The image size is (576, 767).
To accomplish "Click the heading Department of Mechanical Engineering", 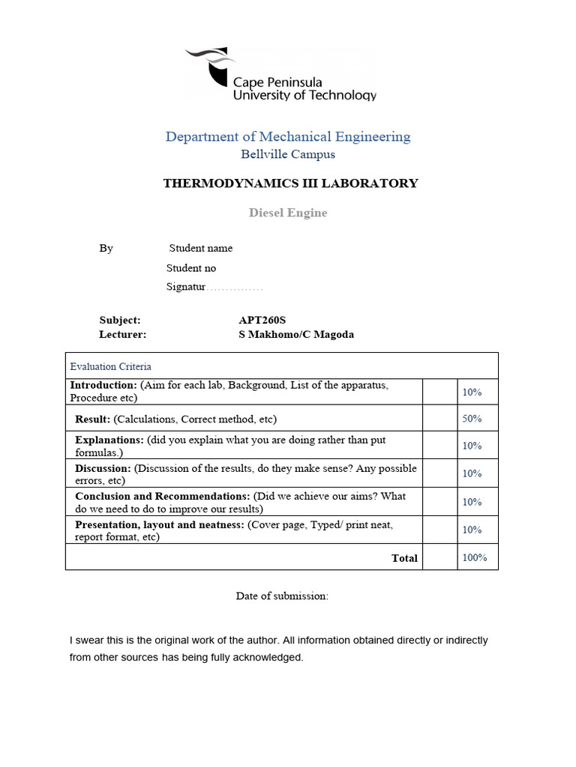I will click(288, 136).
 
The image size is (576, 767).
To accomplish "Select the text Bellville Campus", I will click(288, 154).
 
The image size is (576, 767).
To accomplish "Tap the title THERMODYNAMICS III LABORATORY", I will click(290, 184).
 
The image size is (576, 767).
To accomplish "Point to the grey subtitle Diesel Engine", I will click(288, 213).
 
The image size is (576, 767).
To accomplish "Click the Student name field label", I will click(200, 248).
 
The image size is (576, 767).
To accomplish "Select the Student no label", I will click(190, 268).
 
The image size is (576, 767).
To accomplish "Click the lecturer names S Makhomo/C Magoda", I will click(295, 335).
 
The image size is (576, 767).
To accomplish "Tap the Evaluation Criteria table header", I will click(110, 366).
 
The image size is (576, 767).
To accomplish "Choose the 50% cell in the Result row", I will click(472, 419).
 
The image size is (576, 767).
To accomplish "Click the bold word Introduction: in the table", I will click(103, 385).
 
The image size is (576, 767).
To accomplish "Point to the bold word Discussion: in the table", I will click(103, 468).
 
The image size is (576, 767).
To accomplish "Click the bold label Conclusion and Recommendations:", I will click(163, 496).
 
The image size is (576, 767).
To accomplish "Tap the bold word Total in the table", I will click(404, 558).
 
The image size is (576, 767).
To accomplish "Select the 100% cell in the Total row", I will click(475, 557).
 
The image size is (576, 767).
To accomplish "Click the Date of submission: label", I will click(282, 596).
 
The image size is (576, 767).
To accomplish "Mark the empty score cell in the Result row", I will click(439, 419).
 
